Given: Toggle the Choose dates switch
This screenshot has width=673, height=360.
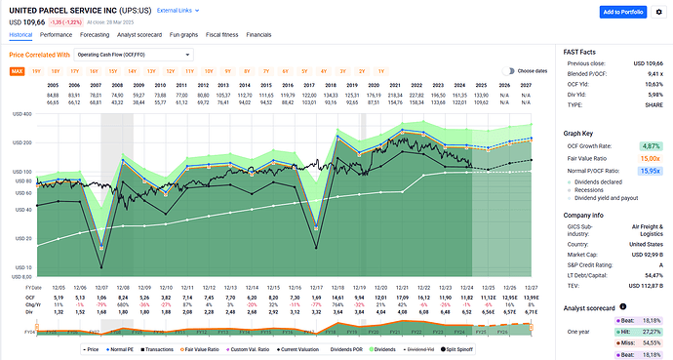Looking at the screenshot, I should coord(509,71).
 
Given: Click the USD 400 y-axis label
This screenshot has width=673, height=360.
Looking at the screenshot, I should coord(20,114).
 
